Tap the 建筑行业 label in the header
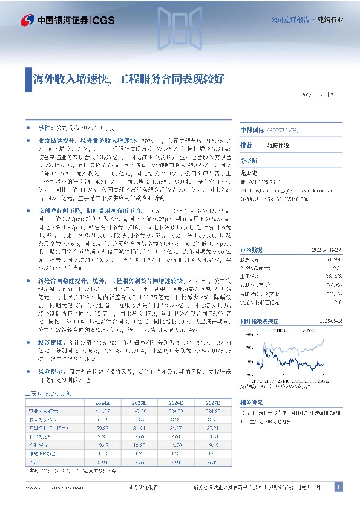(x=332, y=19)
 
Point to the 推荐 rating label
(x=246, y=146)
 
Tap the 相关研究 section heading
(x=251, y=402)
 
